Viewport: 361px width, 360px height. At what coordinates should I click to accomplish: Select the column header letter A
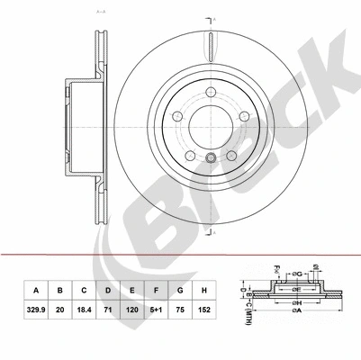click(36, 291)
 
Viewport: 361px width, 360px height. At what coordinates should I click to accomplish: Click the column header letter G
click(181, 291)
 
